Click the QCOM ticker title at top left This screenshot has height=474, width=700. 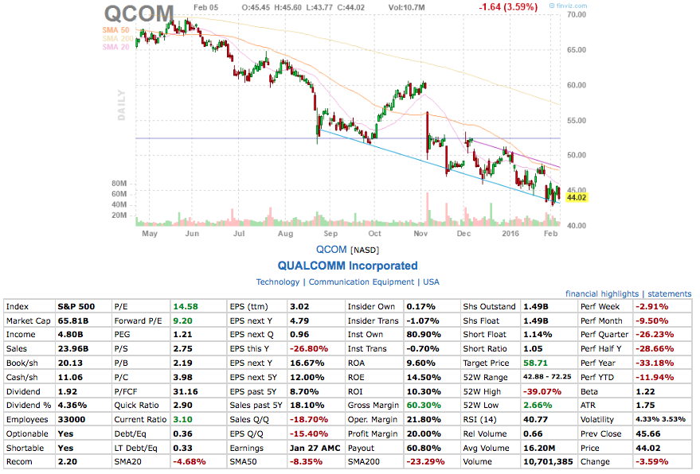tap(139, 14)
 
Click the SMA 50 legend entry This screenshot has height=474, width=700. tap(117, 29)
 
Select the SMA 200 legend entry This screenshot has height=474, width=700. tap(115, 38)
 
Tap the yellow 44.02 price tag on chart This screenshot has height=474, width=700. tap(576, 197)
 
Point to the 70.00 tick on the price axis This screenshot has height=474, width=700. tap(577, 15)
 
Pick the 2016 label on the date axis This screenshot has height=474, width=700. tap(510, 234)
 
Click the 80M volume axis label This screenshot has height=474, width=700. tap(119, 183)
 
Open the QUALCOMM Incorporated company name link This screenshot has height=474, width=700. tap(347, 266)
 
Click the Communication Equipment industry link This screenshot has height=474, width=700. tap(362, 282)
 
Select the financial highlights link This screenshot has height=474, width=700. tap(602, 293)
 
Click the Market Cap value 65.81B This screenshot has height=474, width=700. tap(72, 320)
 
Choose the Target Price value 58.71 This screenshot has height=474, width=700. tap(535, 363)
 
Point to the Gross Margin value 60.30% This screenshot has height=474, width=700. tap(424, 406)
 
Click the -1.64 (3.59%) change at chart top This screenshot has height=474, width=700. tap(507, 7)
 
